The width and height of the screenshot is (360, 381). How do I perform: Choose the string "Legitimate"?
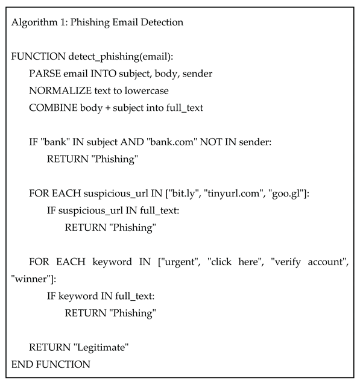[101, 347]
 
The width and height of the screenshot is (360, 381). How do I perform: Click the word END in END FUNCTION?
[22, 364]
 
